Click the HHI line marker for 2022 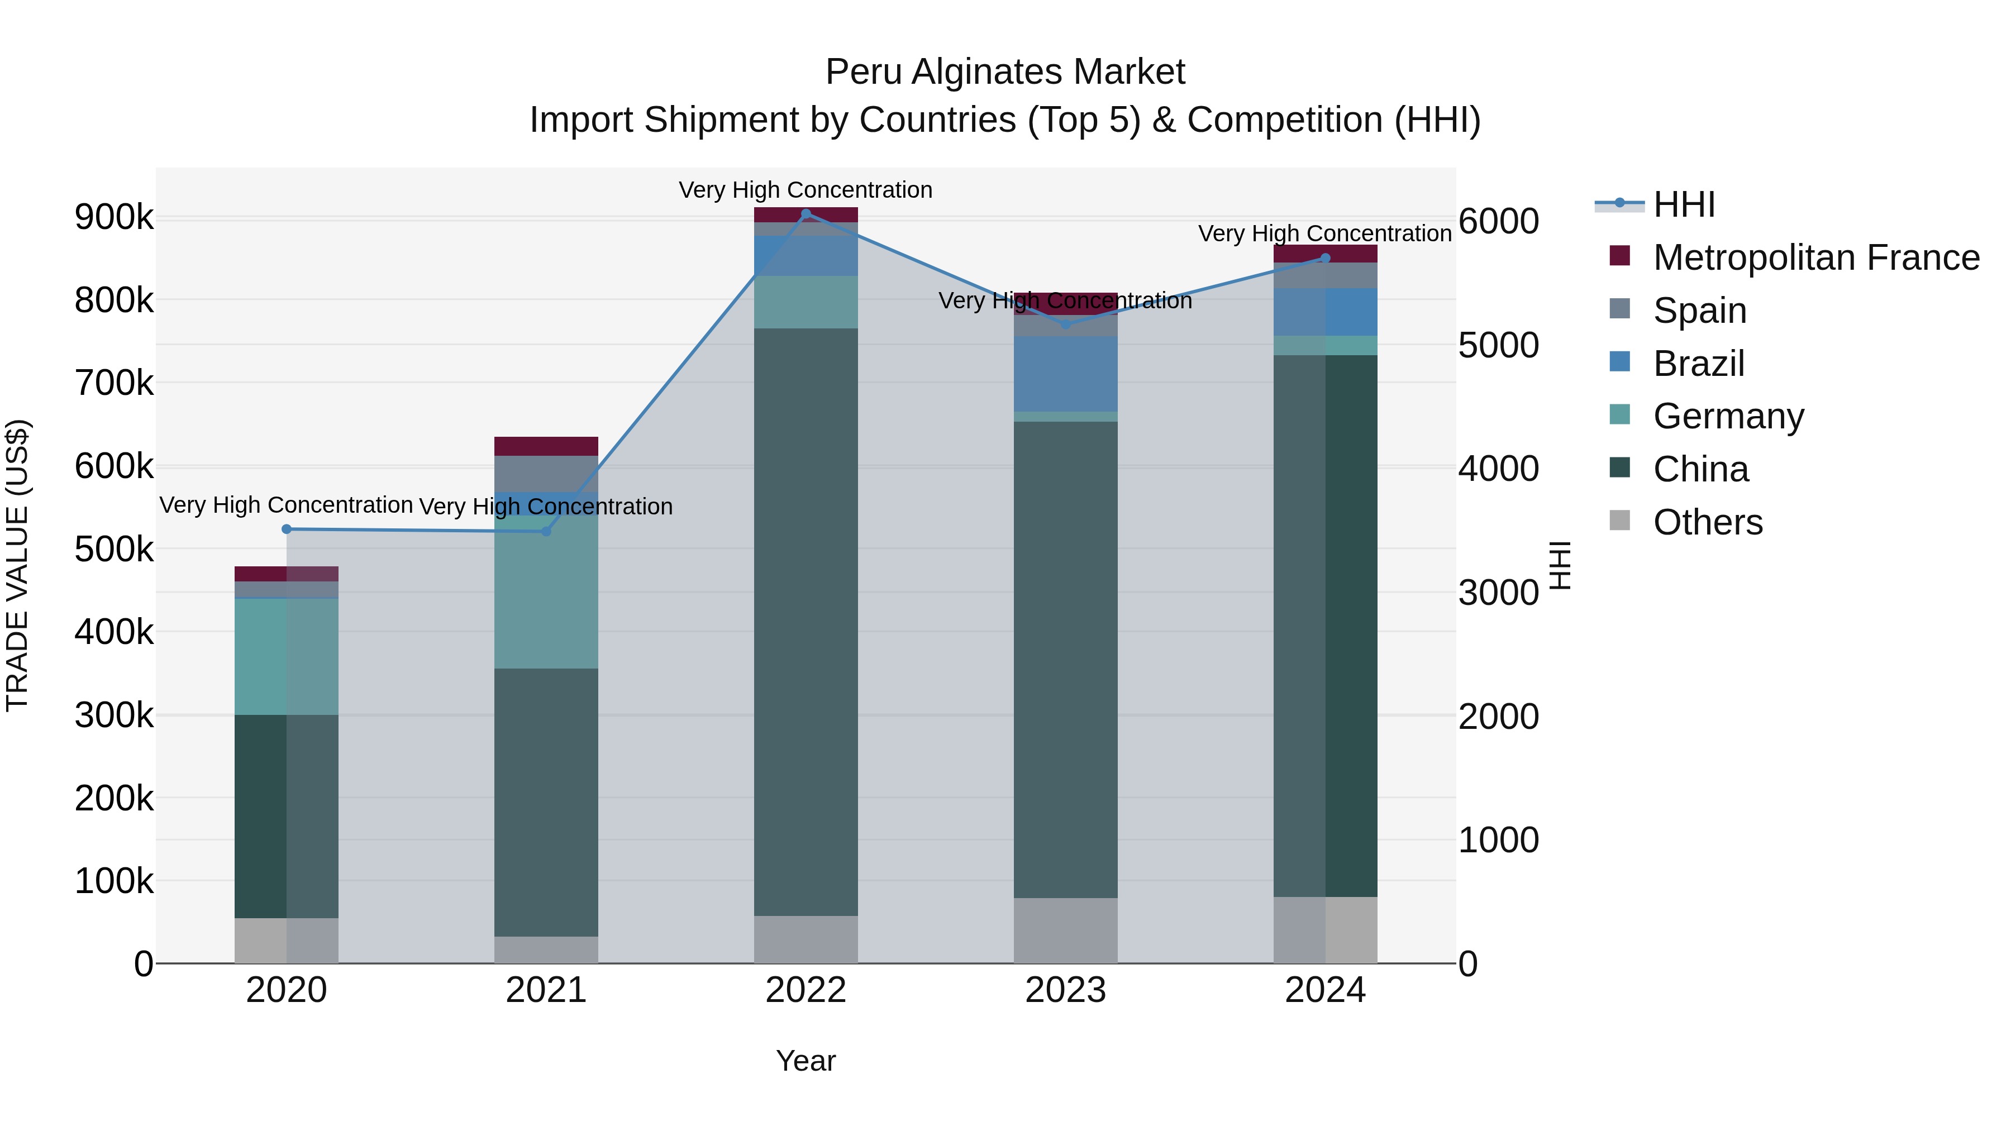click(x=806, y=214)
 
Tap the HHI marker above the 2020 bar click(x=287, y=529)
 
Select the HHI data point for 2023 click(x=1066, y=324)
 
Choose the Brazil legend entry click(x=1699, y=364)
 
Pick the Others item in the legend click(x=1707, y=522)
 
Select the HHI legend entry click(x=1684, y=204)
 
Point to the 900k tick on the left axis click(x=114, y=217)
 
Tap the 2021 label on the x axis click(x=546, y=990)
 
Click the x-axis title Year click(x=806, y=1061)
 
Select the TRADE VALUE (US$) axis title click(x=17, y=565)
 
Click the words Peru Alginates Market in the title click(x=1005, y=72)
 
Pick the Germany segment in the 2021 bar click(x=546, y=591)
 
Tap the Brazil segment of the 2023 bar click(x=1066, y=373)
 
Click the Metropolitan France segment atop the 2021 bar click(x=546, y=446)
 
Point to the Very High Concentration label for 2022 click(x=805, y=190)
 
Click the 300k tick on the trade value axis click(x=114, y=715)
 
